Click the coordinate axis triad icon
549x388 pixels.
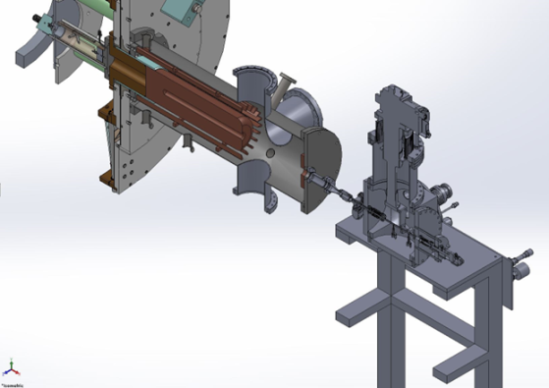[x=11, y=368]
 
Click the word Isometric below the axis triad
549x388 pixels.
[x=13, y=381]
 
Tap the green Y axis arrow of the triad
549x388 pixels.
[x=11, y=362]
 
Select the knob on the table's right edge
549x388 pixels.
[x=514, y=265]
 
